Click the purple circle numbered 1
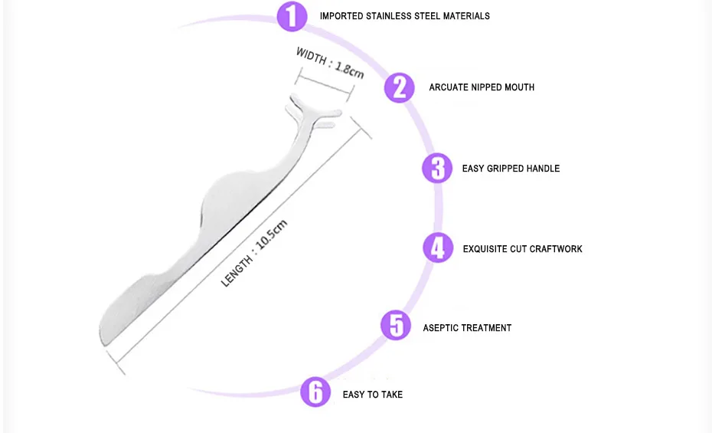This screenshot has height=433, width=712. coord(292,16)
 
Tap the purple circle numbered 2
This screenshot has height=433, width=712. coord(399,87)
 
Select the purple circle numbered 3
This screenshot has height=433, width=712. coord(437,168)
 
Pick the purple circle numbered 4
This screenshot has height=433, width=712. coord(438,248)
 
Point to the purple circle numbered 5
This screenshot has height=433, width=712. coord(396,325)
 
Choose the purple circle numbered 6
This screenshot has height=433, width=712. coord(315,392)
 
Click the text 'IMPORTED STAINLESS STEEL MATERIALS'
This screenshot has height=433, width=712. coord(404,16)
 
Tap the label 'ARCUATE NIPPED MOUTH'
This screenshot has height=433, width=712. coord(482,87)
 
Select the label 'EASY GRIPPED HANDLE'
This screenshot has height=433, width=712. coord(511,169)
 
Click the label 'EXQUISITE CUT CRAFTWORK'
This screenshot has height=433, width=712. coord(522,249)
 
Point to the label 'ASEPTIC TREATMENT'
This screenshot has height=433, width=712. coord(467,328)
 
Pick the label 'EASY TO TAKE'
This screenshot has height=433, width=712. coord(372,395)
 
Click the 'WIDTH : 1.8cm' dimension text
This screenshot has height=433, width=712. coord(330,63)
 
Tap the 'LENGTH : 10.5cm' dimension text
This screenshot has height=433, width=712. coord(254,253)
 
